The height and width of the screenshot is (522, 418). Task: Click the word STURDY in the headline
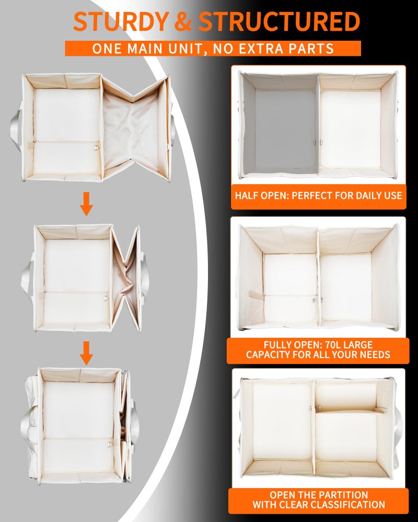coord(121,21)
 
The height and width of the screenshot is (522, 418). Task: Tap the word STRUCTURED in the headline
coord(280,21)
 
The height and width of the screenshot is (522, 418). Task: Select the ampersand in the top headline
coord(184,21)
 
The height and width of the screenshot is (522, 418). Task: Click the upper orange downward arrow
coord(86,204)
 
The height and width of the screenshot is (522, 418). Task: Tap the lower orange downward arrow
coord(86,353)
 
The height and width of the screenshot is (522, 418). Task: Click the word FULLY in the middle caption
coord(277,345)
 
